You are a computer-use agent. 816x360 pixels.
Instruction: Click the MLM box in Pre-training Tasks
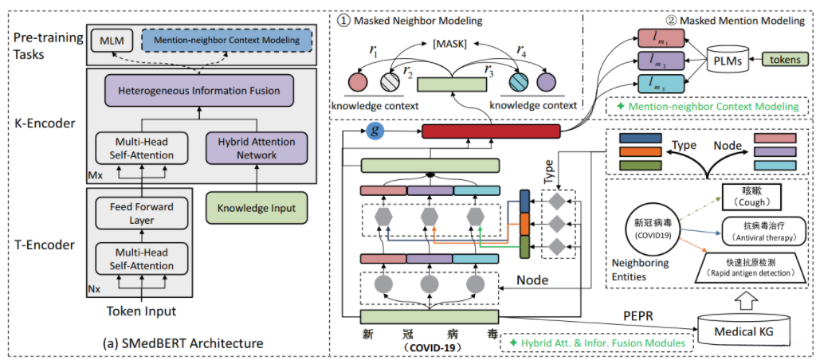click(108, 40)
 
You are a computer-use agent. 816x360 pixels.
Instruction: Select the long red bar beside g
click(490, 132)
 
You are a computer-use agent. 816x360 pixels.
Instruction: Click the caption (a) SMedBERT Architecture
click(183, 344)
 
